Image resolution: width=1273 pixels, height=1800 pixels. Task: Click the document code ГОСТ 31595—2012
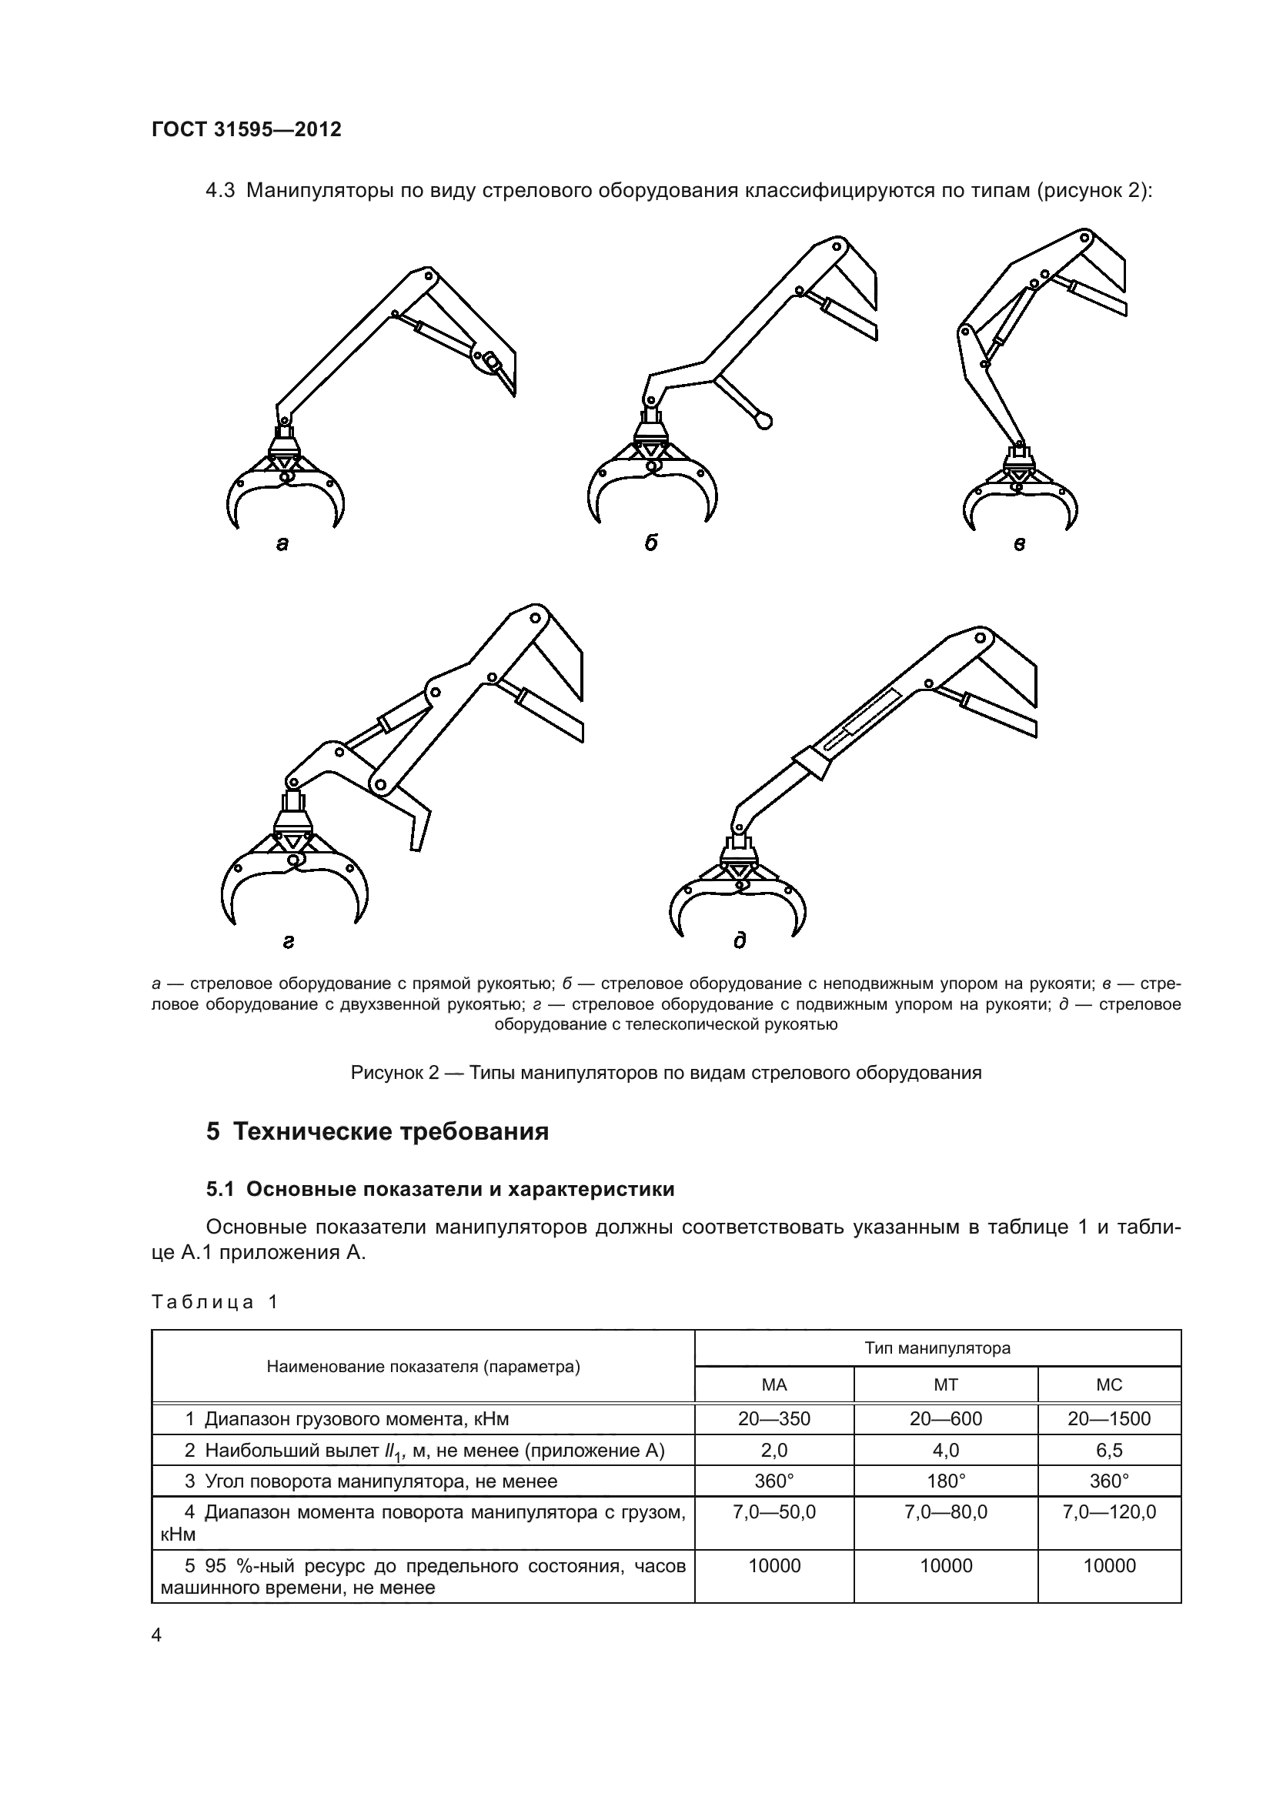(x=246, y=129)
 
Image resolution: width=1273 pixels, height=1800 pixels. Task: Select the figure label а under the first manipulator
(x=282, y=543)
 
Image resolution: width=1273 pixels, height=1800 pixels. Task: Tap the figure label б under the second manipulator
(x=650, y=543)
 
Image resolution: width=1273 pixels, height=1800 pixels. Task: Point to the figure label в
(x=1019, y=543)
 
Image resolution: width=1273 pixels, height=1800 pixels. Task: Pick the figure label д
(x=739, y=940)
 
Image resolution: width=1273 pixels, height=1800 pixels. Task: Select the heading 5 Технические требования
(x=377, y=1132)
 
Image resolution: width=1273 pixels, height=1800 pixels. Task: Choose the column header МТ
(x=945, y=1384)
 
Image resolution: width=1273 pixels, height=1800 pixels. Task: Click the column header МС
(x=1109, y=1384)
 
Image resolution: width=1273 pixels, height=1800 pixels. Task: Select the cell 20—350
(x=773, y=1419)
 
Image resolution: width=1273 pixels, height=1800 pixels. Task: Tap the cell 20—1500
(x=1109, y=1419)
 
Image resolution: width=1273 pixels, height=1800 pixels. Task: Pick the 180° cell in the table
(x=945, y=1481)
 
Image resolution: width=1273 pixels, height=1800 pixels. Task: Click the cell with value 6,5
(x=1109, y=1451)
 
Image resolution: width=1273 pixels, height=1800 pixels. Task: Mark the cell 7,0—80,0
(x=945, y=1512)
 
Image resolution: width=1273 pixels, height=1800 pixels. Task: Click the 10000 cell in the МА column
(x=773, y=1566)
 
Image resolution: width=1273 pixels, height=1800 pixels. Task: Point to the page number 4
(x=157, y=1635)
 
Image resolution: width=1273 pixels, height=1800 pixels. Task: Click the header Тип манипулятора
(x=937, y=1348)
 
